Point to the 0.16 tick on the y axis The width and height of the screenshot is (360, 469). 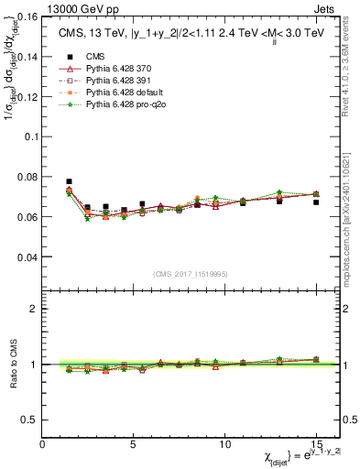(x=28, y=16)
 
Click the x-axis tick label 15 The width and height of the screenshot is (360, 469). (x=316, y=443)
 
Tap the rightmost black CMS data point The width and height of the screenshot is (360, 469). (x=316, y=202)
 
